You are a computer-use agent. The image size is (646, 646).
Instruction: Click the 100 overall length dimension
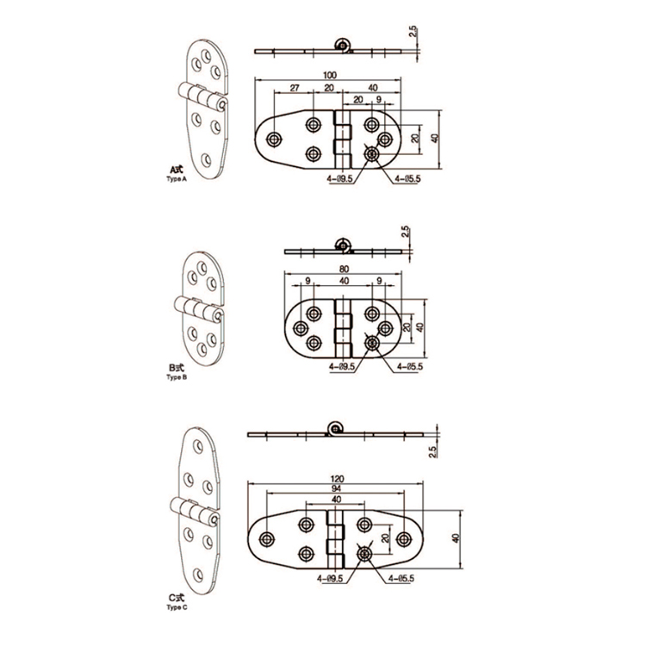pos(332,76)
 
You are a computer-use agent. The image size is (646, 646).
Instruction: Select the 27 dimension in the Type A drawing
pos(295,88)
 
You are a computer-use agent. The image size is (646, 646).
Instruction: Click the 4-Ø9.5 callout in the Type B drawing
pos(342,365)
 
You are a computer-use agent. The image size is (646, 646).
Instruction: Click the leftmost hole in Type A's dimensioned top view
pos(275,139)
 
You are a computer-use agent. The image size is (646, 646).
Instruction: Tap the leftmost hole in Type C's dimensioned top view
pos(265,539)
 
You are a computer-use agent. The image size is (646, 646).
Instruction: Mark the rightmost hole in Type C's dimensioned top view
pos(405,539)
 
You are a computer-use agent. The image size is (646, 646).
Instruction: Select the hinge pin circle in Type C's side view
pos(334,427)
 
